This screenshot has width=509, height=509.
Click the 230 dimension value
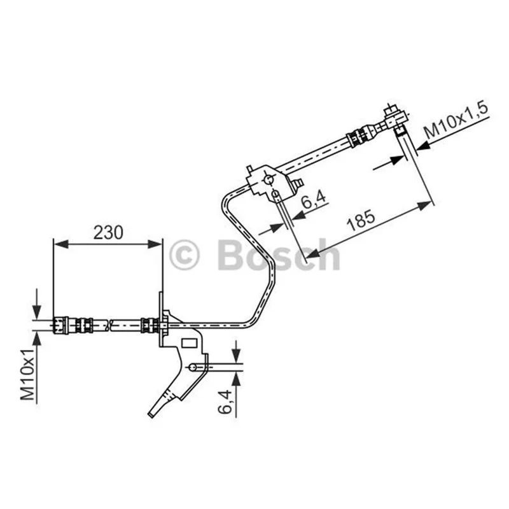pos(108,232)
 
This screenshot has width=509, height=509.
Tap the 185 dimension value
pos(361,221)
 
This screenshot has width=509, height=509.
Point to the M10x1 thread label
pos(27,375)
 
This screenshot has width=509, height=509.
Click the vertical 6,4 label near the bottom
pos(225,401)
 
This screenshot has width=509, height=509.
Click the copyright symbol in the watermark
pos(184,255)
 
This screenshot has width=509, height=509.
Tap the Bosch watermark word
pos(279,255)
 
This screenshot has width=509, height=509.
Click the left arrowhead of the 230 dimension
pos(60,244)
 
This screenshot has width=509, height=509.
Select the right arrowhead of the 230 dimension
pos(155,244)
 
